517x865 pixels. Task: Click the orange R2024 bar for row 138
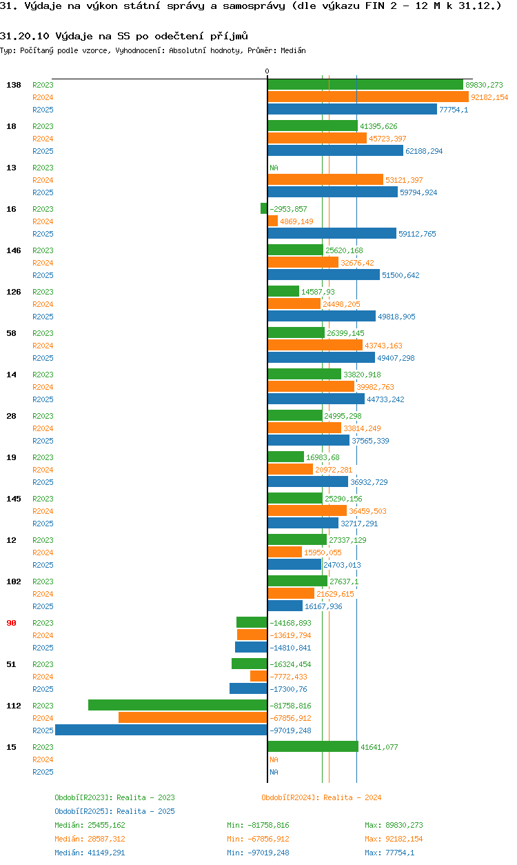(x=368, y=97)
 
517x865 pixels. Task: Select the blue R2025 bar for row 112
(x=161, y=730)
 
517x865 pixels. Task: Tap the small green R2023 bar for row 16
(x=264, y=208)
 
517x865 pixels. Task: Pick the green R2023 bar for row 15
(x=313, y=746)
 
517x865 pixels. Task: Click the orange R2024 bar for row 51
(x=258, y=676)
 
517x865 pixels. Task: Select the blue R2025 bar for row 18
(x=335, y=151)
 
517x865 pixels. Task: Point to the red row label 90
(x=12, y=623)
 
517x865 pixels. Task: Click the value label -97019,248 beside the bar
(x=290, y=730)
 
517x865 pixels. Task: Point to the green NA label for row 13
(x=274, y=168)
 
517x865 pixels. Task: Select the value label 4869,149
(x=296, y=221)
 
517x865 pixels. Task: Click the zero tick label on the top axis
(x=267, y=71)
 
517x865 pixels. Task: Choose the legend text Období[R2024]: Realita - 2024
(x=321, y=797)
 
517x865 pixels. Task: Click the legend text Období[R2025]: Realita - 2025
(x=114, y=811)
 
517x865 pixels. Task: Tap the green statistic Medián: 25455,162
(x=90, y=825)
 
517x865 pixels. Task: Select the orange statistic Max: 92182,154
(x=394, y=839)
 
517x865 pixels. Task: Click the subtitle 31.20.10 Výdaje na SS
(x=124, y=36)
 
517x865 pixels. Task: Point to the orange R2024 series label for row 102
(x=43, y=594)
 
